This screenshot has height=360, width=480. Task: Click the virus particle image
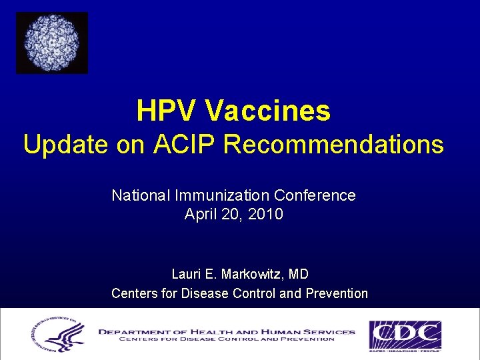52,43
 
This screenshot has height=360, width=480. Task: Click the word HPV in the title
166,111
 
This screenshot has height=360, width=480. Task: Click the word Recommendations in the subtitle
333,145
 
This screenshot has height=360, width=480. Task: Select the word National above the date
141,195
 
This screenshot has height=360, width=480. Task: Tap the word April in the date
199,215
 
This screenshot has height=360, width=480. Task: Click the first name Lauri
187,274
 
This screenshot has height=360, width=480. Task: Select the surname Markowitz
253,274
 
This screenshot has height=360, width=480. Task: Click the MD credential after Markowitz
299,274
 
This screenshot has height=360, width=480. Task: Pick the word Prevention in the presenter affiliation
337,293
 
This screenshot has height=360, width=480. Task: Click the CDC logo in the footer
405,335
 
